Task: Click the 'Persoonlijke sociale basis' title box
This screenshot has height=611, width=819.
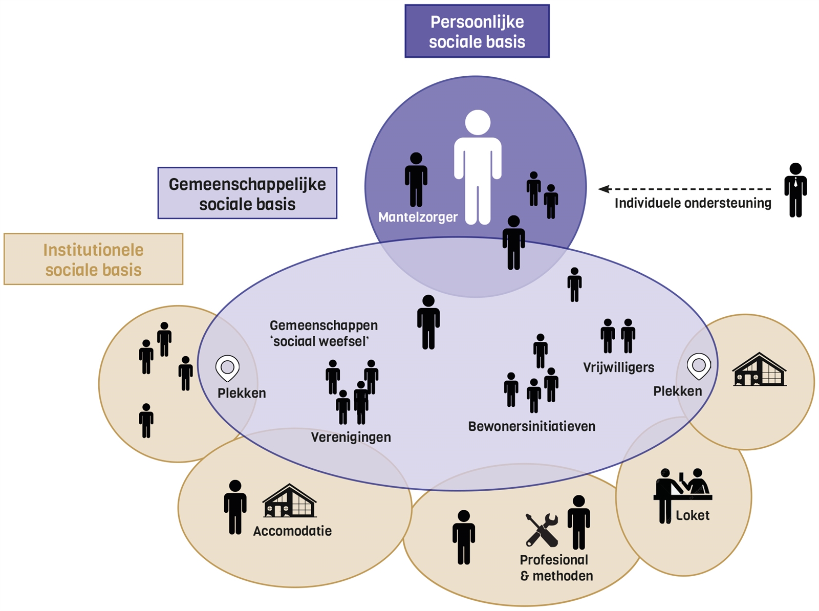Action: coord(477,31)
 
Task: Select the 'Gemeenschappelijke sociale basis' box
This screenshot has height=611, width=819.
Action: coord(247,193)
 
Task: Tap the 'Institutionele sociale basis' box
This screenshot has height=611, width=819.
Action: coord(93,259)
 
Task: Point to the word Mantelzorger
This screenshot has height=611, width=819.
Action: coord(418,217)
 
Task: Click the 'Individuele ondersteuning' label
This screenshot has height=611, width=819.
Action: coord(693,204)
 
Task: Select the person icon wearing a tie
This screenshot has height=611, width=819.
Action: coord(795,190)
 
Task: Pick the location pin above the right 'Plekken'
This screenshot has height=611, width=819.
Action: coord(699,366)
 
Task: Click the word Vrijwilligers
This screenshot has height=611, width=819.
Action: coord(618,367)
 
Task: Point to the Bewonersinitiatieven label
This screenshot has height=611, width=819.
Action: coord(531,427)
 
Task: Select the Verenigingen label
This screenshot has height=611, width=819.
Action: coord(351,438)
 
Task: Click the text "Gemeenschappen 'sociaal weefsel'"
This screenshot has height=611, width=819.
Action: coord(323,333)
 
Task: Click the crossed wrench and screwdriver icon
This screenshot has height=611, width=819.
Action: coord(542,530)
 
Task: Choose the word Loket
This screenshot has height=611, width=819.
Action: coord(692,516)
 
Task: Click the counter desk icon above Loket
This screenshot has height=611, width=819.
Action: coord(682,489)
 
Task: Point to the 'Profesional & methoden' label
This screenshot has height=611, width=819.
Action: coord(556,568)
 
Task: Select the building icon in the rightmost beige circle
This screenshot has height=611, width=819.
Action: coord(759,369)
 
